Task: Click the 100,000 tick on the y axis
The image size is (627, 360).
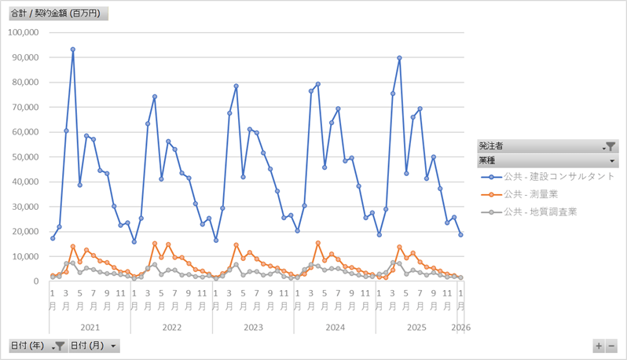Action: pyautogui.click(x=23, y=32)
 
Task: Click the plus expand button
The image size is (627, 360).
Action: pyautogui.click(x=599, y=346)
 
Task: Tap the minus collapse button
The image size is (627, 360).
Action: pyautogui.click(x=611, y=346)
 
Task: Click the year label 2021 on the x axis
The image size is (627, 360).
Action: pyautogui.click(x=90, y=326)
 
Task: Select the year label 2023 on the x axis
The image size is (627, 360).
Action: pyautogui.click(x=253, y=326)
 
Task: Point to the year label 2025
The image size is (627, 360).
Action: pyautogui.click(x=416, y=326)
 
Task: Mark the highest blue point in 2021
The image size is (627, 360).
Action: pyautogui.click(x=73, y=50)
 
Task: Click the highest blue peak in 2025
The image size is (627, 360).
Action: pyautogui.click(x=399, y=58)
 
